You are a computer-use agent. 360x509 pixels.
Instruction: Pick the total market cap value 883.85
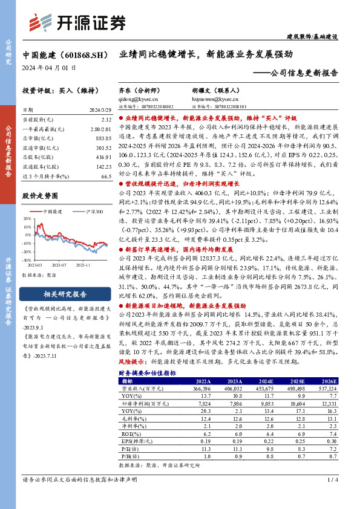coord(103,139)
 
